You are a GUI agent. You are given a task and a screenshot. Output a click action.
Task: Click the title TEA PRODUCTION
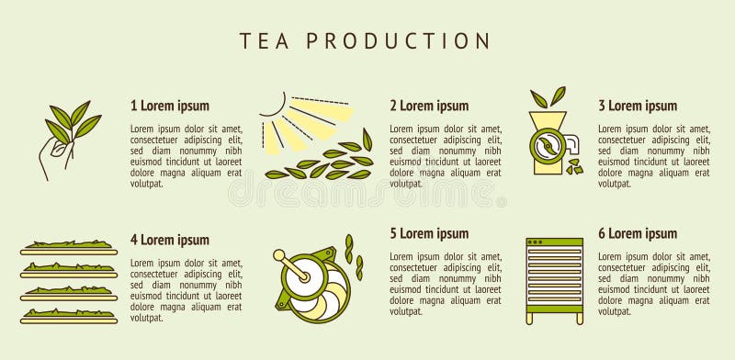pyautogui.click(x=366, y=40)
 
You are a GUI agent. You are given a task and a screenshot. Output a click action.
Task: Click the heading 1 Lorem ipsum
pyautogui.click(x=170, y=106)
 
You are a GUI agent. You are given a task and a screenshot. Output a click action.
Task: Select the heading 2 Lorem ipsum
pyautogui.click(x=429, y=106)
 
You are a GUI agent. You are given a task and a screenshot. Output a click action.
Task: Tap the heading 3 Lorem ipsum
pyautogui.click(x=638, y=106)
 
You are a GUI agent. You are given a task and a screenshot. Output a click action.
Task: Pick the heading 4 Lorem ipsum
pyautogui.click(x=170, y=240)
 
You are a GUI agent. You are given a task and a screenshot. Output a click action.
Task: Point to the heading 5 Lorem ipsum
pyautogui.click(x=429, y=233)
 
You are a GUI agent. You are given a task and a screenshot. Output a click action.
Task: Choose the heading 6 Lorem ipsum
pyautogui.click(x=638, y=233)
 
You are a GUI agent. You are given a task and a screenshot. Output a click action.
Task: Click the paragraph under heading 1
pyautogui.click(x=187, y=156)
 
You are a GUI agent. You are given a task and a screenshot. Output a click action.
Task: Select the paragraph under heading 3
pyautogui.click(x=654, y=156)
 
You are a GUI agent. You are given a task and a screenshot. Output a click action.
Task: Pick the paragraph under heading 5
pyautogui.click(x=446, y=284)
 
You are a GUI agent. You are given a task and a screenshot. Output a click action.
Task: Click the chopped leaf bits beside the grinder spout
pyautogui.click(x=575, y=166)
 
